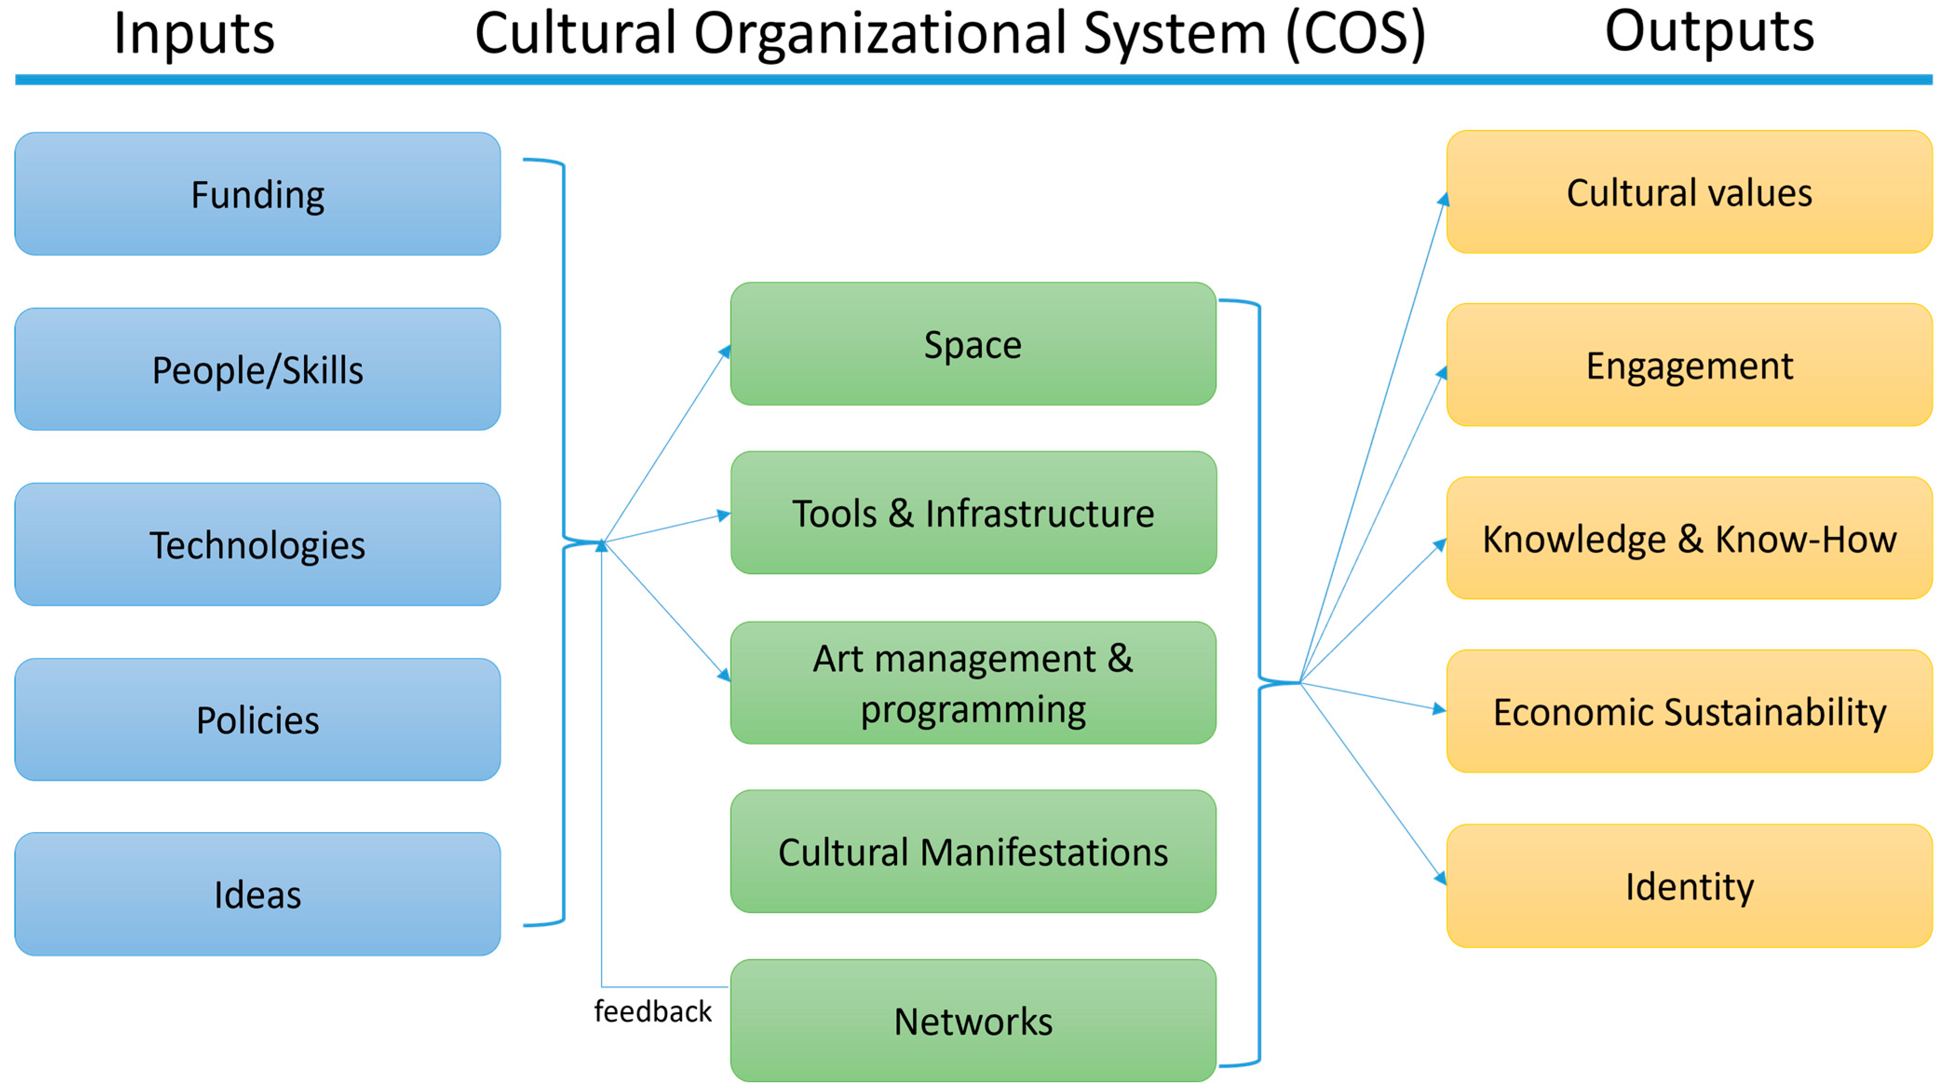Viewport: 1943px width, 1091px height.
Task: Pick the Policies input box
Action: pos(257,719)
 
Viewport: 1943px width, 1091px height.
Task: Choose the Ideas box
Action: pos(257,894)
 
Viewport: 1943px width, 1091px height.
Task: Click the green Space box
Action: pos(973,344)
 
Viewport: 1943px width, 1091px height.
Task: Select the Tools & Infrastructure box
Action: pos(973,513)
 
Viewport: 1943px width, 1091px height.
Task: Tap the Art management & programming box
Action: pos(973,683)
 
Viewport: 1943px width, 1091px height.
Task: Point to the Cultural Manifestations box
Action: pos(973,851)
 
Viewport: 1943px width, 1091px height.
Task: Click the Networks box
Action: pos(973,1021)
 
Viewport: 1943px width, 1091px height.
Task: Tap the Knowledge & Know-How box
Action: pos(1689,539)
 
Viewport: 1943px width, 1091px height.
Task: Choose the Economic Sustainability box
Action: pos(1689,711)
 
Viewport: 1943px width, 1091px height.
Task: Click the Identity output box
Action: pos(1689,886)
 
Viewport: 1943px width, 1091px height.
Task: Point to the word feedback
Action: pos(653,1011)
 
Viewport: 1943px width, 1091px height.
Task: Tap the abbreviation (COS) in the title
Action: pos(1356,34)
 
